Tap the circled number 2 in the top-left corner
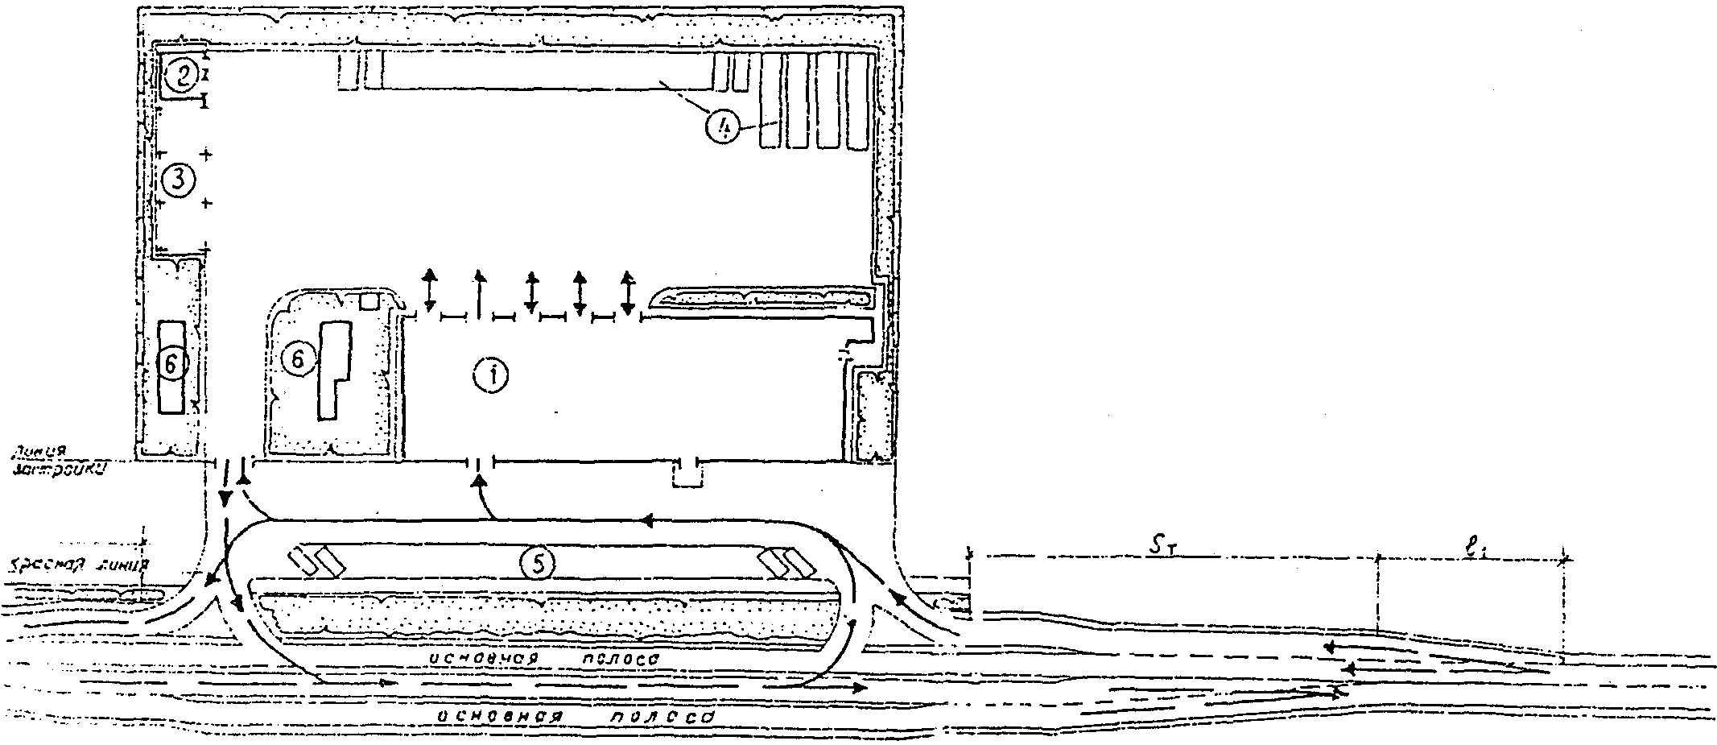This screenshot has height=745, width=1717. pos(182,76)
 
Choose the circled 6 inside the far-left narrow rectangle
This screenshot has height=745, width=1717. pos(171,364)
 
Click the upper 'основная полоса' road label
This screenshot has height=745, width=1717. pos(544,658)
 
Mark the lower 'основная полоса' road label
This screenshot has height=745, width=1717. pos(575,715)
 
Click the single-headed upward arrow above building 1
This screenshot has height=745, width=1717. pos(480,294)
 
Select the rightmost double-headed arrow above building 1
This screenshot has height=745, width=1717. pos(628,293)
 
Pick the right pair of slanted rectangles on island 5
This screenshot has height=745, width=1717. pos(786,563)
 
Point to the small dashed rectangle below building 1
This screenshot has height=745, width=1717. pos(688,477)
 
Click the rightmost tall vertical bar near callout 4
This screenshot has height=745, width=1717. pos(859,100)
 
